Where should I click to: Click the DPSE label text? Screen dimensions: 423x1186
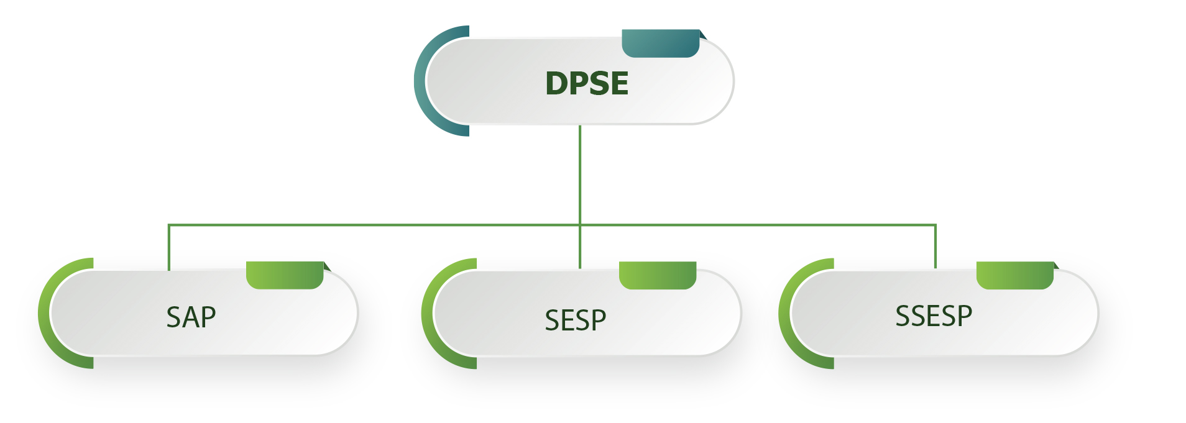coord(586,83)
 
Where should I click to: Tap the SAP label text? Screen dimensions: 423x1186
coord(191,317)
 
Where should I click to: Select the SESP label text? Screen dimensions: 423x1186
coord(575,321)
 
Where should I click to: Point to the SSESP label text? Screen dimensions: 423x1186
coord(933,316)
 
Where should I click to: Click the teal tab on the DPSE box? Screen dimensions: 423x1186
coord(660,43)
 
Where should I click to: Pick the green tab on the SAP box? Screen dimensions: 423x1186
coord(285,275)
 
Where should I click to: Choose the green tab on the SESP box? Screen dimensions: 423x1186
coord(657,275)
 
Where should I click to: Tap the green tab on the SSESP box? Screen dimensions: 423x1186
coord(1014,275)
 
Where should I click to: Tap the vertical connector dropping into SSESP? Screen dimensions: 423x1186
coord(935,247)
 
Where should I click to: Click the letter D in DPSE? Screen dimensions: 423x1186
coord(556,83)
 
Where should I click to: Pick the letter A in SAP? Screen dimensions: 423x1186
coord(191,317)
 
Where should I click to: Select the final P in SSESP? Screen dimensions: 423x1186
coord(964,316)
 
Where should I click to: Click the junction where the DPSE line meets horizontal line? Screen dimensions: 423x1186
coord(579,225)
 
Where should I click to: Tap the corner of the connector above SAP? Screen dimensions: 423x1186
coord(168,225)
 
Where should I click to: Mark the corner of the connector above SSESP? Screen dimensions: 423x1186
coord(935,225)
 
